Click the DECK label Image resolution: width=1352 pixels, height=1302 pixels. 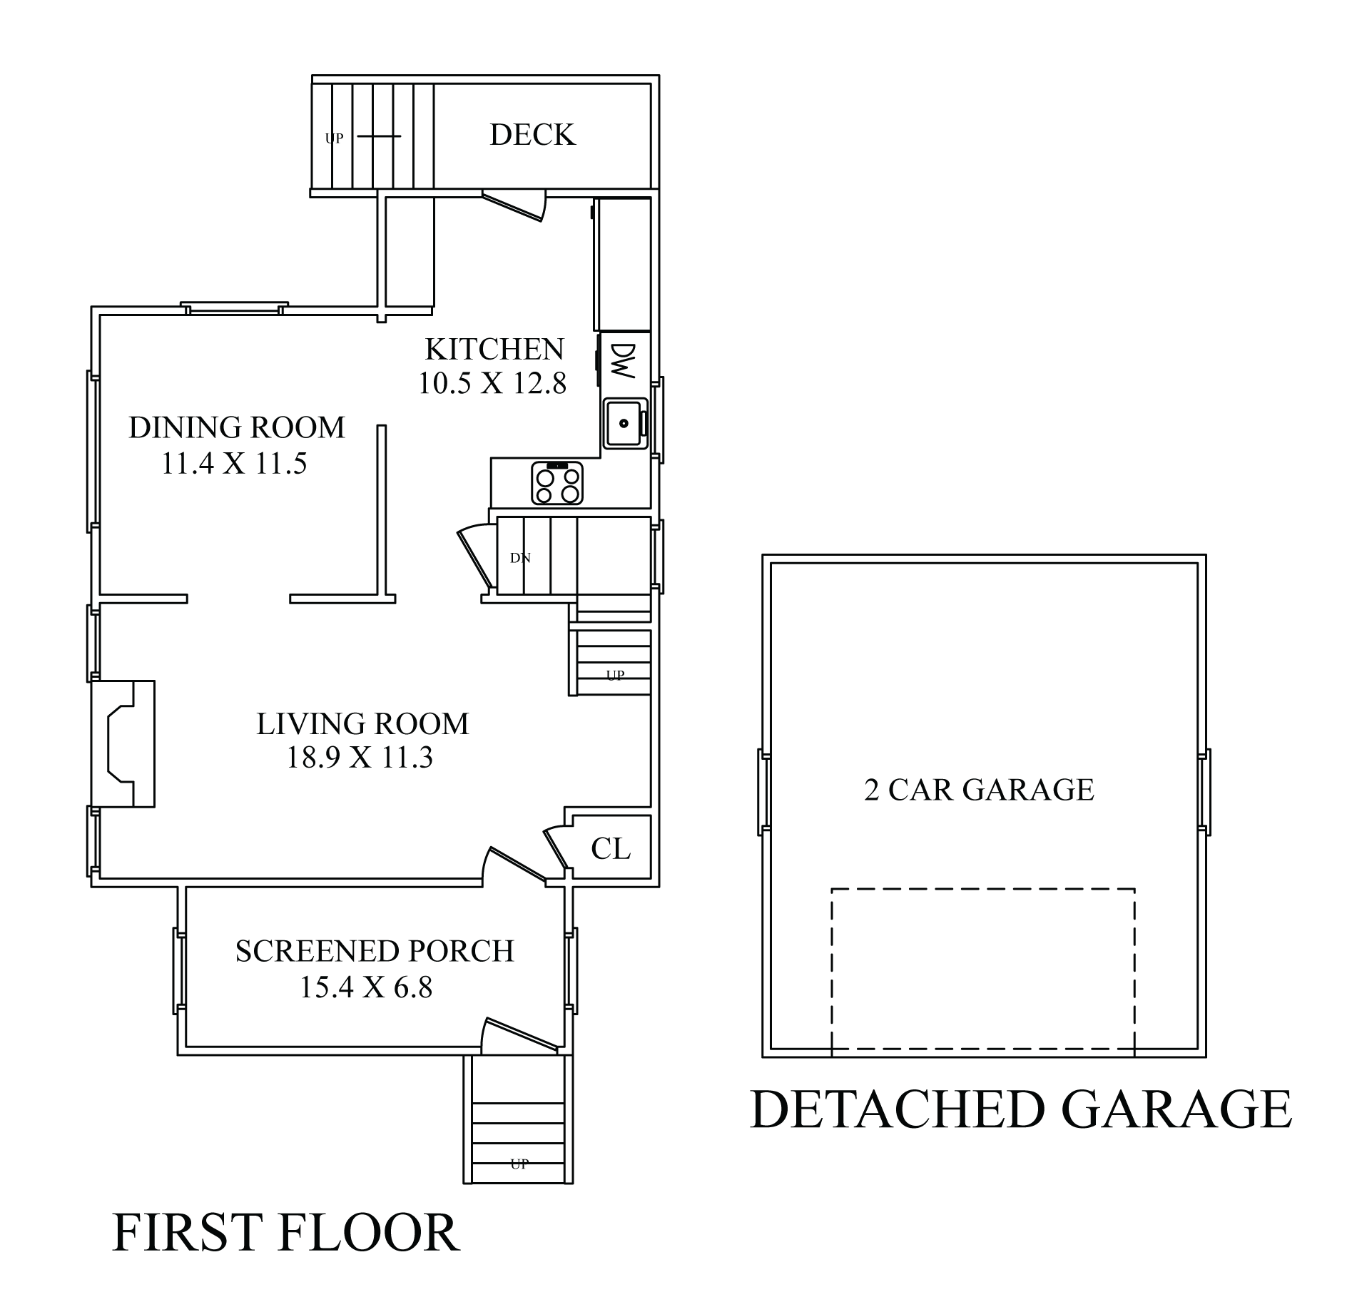(x=532, y=135)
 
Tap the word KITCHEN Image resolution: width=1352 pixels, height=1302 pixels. (x=494, y=350)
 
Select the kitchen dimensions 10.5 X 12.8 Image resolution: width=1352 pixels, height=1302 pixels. (x=492, y=384)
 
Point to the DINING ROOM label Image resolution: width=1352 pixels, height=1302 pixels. (x=237, y=427)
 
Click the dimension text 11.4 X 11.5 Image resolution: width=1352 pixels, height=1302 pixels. (x=234, y=464)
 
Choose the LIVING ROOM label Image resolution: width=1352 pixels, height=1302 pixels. (x=362, y=724)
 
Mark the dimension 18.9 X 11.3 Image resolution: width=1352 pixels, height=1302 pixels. (x=359, y=758)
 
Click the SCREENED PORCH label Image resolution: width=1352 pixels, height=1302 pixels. (x=375, y=951)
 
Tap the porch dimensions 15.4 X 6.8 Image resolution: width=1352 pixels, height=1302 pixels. (x=365, y=988)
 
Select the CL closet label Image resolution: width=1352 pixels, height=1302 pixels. (x=611, y=849)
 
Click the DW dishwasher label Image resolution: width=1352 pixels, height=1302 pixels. (x=623, y=361)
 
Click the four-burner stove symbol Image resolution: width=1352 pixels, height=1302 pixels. (x=557, y=484)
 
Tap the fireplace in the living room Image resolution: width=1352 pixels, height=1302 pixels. (x=123, y=743)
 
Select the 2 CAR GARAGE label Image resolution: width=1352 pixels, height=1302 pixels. (x=979, y=790)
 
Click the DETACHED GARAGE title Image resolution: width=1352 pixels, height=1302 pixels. (x=1022, y=1109)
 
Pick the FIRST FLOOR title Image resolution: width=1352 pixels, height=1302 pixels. (x=285, y=1233)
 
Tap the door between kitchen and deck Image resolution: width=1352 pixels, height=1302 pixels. (x=514, y=205)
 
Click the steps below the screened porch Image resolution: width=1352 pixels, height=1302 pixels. (x=519, y=1120)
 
